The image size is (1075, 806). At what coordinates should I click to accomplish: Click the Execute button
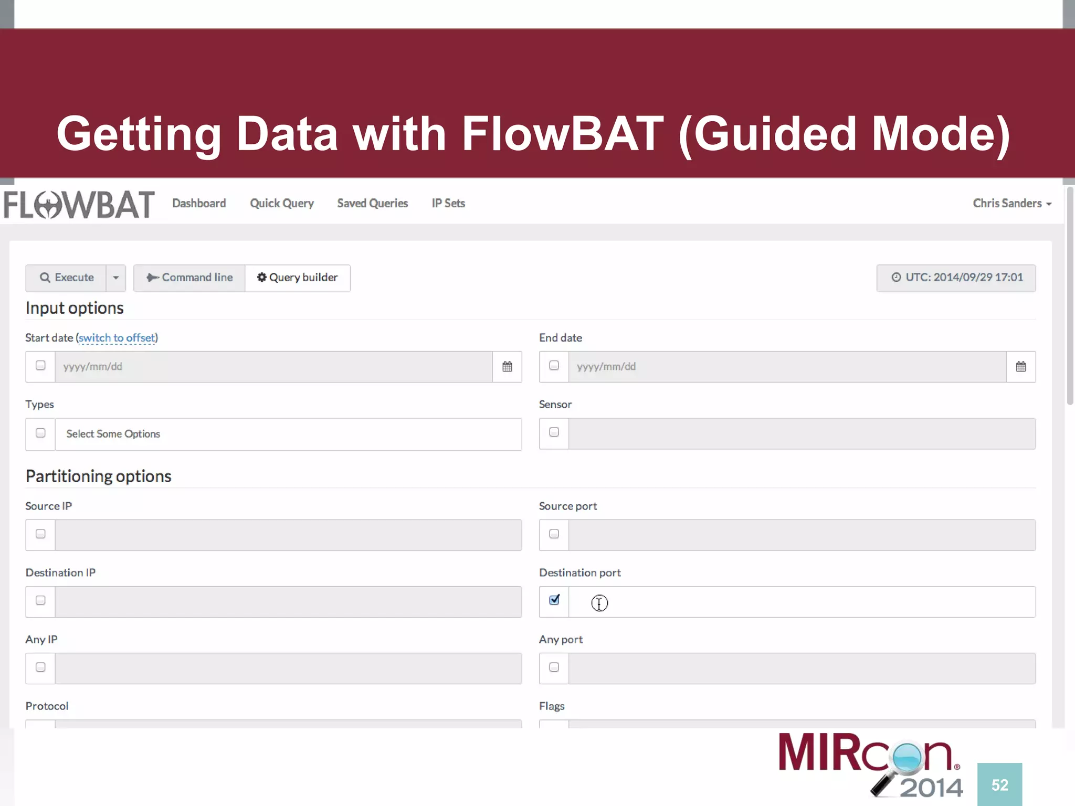(67, 278)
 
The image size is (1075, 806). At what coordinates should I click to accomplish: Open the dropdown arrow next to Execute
(116, 278)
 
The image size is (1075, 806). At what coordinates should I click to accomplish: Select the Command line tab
(189, 278)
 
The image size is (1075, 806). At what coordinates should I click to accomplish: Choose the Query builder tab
(298, 278)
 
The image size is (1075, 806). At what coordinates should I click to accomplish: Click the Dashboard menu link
(199, 203)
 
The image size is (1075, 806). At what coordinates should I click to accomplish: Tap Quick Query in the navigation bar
(282, 203)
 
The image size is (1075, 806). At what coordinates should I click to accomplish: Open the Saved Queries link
(372, 203)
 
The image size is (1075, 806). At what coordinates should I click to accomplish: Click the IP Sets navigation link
(448, 203)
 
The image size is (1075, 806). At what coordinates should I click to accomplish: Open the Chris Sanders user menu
(1011, 203)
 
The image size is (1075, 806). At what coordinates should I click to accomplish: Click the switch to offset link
(117, 338)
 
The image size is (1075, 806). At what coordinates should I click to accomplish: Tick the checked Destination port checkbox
(554, 600)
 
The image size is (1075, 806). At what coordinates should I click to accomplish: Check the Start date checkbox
(40, 366)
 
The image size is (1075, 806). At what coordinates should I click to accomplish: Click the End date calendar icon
(1020, 367)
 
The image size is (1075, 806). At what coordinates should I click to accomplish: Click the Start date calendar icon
(507, 367)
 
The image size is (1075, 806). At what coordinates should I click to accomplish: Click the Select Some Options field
(288, 434)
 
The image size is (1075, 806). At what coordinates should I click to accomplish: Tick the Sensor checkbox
(554, 432)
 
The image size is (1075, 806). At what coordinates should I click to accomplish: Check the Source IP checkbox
(40, 534)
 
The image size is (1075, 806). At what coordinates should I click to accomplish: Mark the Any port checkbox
(554, 667)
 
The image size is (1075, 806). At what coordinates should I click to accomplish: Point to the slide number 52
(999, 785)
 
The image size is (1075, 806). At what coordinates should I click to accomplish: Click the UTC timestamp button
(956, 278)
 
